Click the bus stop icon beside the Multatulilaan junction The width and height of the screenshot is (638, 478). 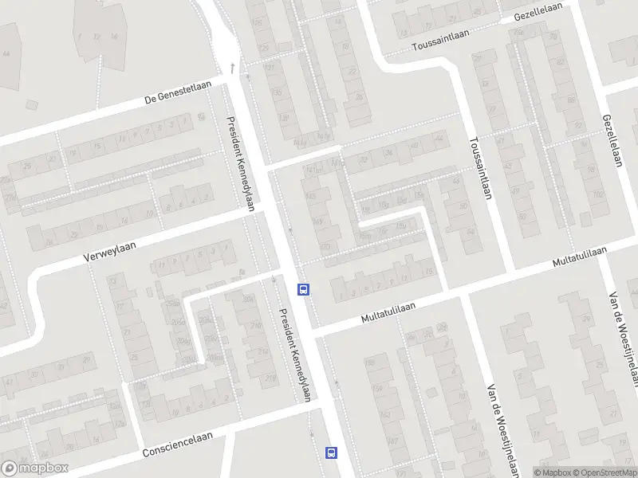(303, 289)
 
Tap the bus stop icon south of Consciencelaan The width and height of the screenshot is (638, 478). (330, 453)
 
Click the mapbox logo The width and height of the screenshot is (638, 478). (35, 468)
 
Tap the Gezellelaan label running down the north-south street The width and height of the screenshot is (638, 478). (612, 140)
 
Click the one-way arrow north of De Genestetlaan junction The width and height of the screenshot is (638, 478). (233, 68)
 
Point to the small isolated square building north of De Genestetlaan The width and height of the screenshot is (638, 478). (32, 104)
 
